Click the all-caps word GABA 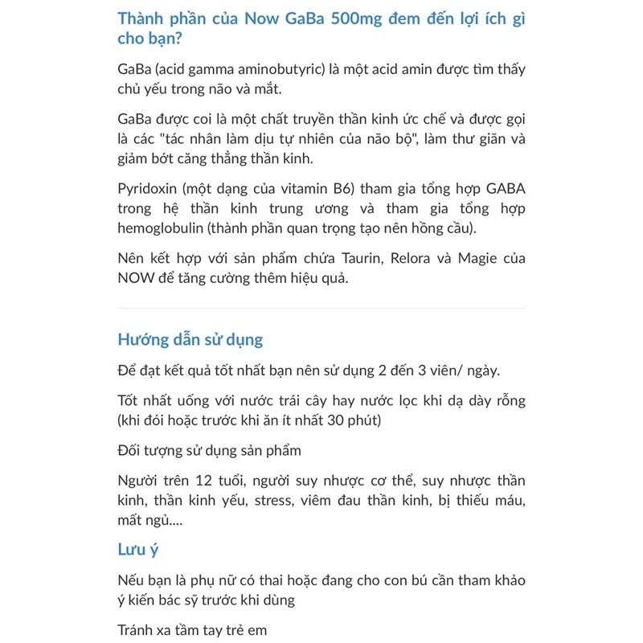coord(505,189)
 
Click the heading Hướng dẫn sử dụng coord(190,339)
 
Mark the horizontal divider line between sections coord(321,308)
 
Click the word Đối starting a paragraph coord(130,450)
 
